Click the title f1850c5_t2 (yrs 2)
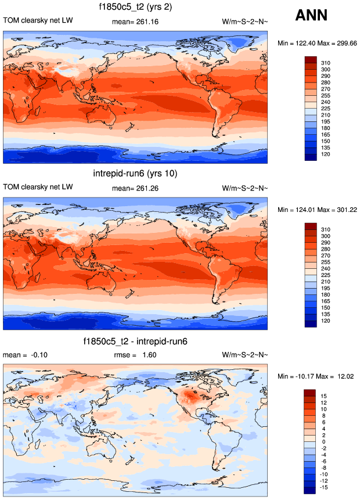click(x=135, y=7)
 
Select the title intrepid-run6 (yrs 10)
click(x=135, y=174)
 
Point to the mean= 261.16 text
click(x=135, y=22)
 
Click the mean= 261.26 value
click(x=135, y=189)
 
